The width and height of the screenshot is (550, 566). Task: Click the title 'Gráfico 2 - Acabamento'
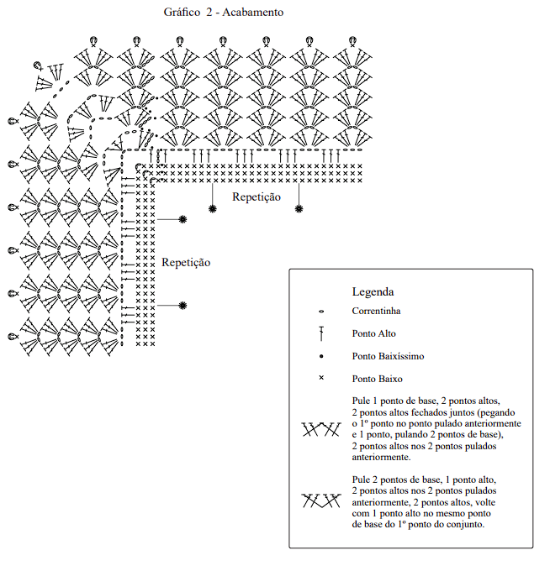tap(224, 13)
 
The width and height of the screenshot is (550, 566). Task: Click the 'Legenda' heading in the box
tap(373, 291)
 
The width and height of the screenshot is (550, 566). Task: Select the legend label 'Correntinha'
tap(376, 311)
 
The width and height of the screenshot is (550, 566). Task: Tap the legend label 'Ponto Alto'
tap(374, 333)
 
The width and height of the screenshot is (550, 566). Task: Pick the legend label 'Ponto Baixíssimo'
tap(388, 356)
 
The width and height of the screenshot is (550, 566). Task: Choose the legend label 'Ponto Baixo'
tap(377, 379)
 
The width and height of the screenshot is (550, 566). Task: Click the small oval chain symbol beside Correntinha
tap(321, 312)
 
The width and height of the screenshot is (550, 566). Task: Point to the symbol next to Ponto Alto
tap(321, 333)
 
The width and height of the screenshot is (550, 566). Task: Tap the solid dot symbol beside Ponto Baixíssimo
tap(321, 357)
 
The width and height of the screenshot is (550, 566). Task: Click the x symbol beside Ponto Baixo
tap(321, 378)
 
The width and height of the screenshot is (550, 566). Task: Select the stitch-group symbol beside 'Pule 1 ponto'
tap(321, 429)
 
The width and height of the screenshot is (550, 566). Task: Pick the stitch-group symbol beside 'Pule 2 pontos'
tap(321, 500)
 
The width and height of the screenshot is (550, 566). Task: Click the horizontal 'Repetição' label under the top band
tap(256, 197)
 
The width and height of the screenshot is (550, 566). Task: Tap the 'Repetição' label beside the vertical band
tap(186, 262)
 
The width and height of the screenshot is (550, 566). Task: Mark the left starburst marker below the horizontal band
tap(212, 208)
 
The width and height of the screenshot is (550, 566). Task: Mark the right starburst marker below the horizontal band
tap(299, 208)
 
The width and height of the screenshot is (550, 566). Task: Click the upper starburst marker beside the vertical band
tap(183, 219)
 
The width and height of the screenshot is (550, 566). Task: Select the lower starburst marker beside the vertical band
tap(183, 306)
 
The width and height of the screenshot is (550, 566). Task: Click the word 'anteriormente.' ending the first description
tap(381, 458)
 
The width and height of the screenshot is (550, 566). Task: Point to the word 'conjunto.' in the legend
tap(465, 525)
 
